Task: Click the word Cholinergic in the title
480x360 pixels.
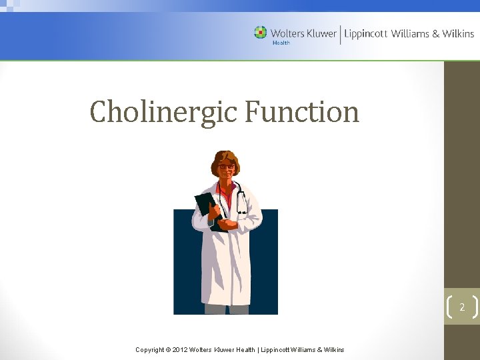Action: [164, 112]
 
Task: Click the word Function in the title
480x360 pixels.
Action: [301, 111]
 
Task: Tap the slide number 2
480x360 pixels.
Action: [461, 307]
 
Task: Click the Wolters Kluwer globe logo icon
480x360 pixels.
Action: [260, 32]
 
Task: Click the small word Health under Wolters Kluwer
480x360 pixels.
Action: [281, 43]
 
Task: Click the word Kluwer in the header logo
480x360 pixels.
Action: [321, 33]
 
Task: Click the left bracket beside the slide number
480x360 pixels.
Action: [447, 307]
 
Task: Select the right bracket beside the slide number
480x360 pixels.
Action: [475, 307]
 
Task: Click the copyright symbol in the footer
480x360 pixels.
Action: [169, 349]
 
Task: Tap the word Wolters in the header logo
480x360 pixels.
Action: [287, 33]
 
